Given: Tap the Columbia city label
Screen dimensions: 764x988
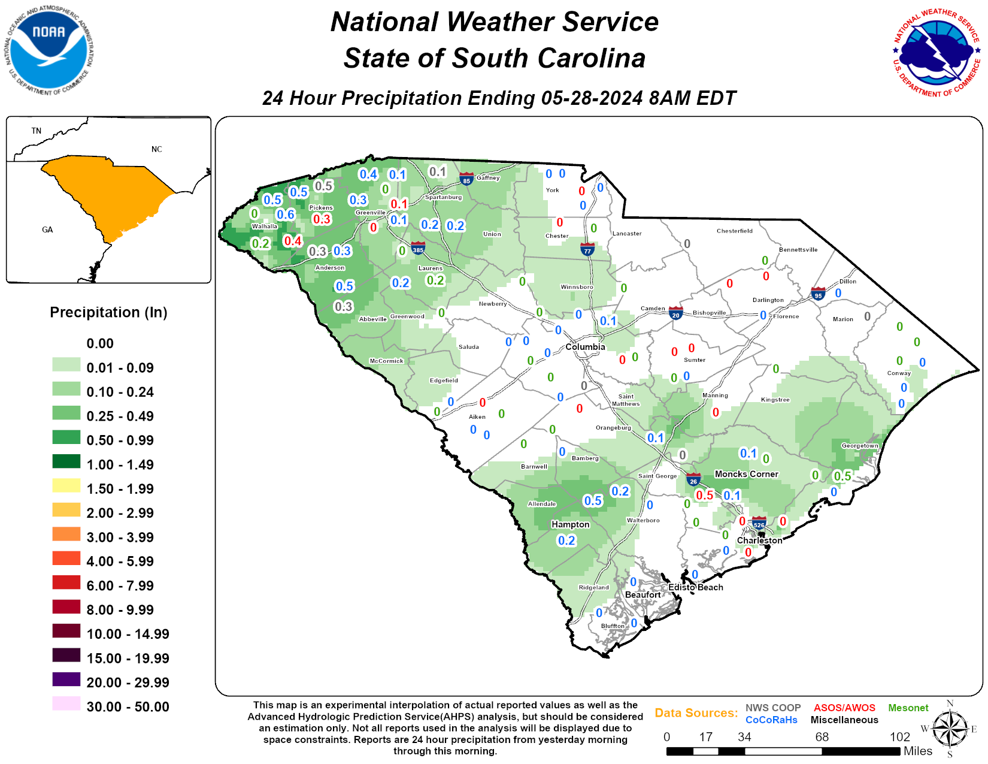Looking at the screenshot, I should coord(585,347).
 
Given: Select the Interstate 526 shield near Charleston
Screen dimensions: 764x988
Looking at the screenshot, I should coord(759,524).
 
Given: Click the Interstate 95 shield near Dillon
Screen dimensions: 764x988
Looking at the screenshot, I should coord(818,294).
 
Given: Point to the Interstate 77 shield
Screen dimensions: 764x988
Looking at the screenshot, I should coord(587,249).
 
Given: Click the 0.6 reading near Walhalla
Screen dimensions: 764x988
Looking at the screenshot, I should coord(286,215).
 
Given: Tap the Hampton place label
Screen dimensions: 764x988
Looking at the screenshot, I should coord(570,524).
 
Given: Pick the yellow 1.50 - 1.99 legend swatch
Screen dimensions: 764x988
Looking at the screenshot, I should coord(66,486).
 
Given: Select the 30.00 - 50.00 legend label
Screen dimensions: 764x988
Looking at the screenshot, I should coord(128,706).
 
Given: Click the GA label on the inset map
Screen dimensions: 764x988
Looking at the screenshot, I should coord(47,229).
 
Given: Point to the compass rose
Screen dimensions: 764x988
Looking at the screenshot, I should coord(950,729).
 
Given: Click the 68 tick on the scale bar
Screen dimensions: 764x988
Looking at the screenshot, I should coord(822,737).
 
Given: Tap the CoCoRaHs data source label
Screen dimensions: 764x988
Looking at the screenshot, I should coord(771,720).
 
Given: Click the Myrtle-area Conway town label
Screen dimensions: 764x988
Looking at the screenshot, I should coord(899,373).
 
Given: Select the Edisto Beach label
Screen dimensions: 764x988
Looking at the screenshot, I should coord(695,587).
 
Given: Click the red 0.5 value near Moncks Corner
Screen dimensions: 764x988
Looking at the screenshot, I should coord(704,495).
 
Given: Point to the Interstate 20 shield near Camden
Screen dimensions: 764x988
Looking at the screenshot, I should coord(675,313).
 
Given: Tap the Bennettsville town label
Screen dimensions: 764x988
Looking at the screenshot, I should coord(798,250).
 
